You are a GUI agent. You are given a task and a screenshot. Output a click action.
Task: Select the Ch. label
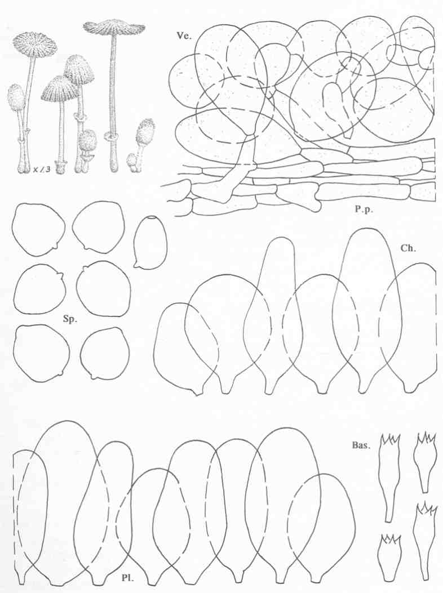[408, 248]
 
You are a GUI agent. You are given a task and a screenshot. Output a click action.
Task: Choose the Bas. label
[360, 445]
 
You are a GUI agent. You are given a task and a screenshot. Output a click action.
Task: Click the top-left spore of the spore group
[38, 230]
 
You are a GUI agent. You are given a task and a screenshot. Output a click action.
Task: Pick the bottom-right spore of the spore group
[105, 353]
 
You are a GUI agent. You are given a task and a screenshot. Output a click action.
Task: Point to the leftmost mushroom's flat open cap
[35, 46]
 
